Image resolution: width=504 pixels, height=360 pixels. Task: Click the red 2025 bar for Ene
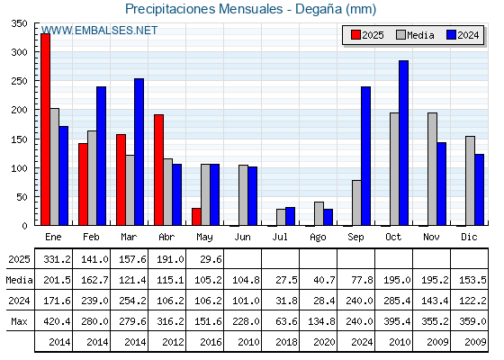click(x=45, y=130)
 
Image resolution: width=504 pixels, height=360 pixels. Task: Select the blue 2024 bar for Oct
click(x=403, y=143)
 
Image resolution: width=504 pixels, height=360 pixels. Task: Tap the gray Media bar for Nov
click(x=432, y=169)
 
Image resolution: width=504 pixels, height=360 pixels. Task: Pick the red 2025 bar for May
click(x=196, y=217)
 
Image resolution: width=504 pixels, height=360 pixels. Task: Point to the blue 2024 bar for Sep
click(x=365, y=156)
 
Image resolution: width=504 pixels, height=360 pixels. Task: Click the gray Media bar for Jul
click(x=281, y=217)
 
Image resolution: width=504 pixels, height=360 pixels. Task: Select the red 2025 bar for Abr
click(x=158, y=170)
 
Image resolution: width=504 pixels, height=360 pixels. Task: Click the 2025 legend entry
click(x=367, y=35)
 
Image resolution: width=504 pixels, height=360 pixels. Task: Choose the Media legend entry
click(x=415, y=35)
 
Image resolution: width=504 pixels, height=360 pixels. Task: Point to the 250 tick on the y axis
click(x=19, y=81)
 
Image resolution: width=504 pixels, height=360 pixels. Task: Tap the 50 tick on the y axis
click(x=22, y=197)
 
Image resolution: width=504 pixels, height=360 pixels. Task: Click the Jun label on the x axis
click(x=242, y=238)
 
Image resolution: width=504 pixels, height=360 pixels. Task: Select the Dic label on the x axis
click(x=469, y=237)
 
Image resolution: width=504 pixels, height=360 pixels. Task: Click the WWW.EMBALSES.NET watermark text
click(x=99, y=31)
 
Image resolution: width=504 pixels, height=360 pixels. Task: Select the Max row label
click(x=19, y=321)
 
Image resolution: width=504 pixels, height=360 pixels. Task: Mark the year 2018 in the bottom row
click(x=286, y=342)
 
